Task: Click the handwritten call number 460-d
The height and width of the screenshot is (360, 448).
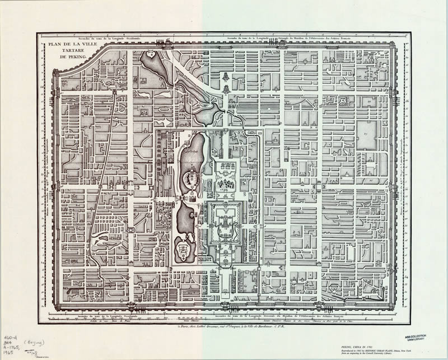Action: coord(11,338)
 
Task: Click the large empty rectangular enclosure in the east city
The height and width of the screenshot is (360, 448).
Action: coord(367,135)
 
